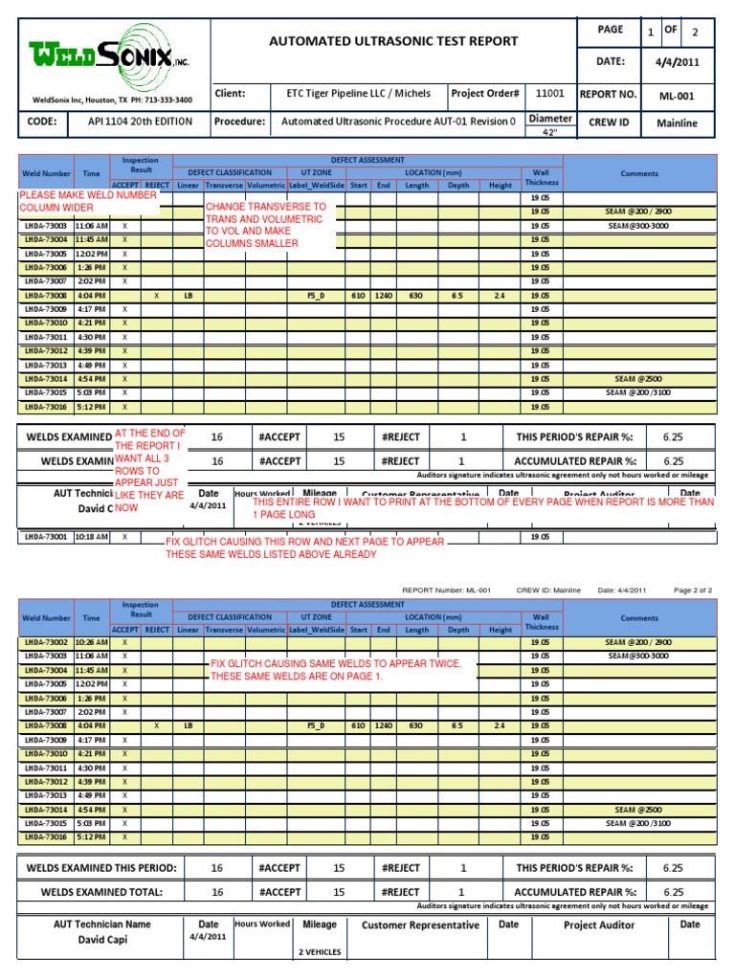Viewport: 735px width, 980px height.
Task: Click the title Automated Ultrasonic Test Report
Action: click(x=395, y=41)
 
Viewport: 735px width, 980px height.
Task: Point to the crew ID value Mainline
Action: click(x=677, y=123)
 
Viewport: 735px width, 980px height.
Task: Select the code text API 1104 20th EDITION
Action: click(x=141, y=122)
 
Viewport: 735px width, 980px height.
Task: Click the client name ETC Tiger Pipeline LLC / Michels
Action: click(x=358, y=94)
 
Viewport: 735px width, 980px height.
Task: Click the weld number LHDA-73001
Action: click(x=46, y=537)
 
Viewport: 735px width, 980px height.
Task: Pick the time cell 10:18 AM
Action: click(x=93, y=537)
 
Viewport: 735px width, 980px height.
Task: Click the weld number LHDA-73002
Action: click(x=46, y=642)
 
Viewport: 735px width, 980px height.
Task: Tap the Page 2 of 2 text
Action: click(x=693, y=590)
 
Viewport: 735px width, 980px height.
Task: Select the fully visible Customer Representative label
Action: click(x=420, y=925)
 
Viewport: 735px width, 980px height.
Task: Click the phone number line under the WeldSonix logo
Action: click(x=112, y=100)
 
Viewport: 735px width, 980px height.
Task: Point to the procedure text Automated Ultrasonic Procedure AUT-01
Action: click(x=398, y=122)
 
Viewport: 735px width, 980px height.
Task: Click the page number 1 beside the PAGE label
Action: click(x=650, y=33)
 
